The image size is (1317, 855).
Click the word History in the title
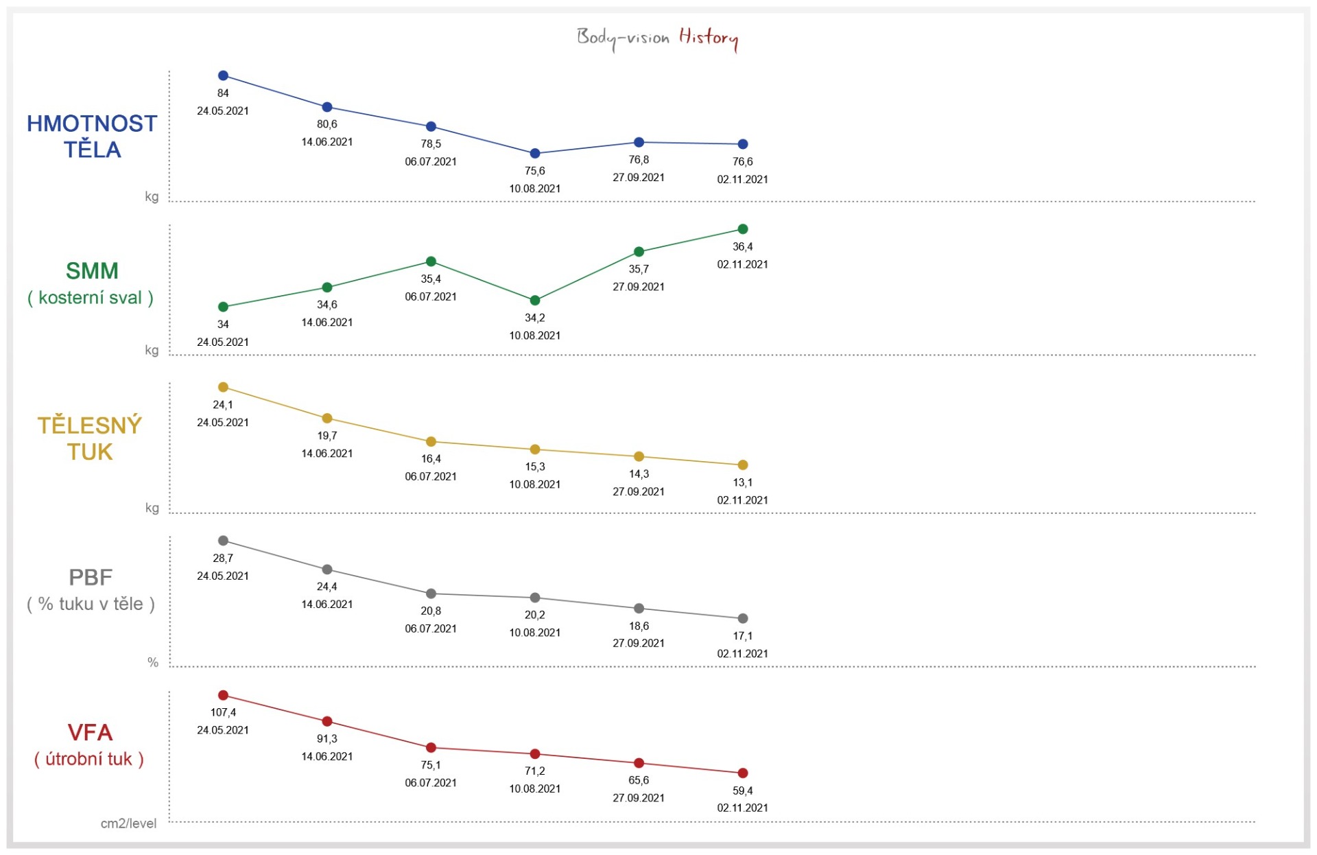[708, 37]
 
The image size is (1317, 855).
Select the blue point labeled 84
[223, 75]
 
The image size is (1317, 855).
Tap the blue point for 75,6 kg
[535, 154]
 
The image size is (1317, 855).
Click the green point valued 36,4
[743, 229]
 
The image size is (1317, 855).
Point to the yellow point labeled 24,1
[223, 387]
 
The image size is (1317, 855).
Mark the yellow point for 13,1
[743, 465]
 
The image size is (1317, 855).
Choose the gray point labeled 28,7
[223, 541]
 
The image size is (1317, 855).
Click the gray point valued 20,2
[535, 598]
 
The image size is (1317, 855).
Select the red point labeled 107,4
[223, 695]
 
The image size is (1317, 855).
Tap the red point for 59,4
[743, 773]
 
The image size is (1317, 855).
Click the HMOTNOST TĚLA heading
[92, 136]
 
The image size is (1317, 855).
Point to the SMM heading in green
[92, 271]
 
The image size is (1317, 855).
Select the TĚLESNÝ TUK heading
[90, 438]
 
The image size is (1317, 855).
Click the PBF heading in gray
[91, 578]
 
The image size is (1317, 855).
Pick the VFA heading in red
[90, 733]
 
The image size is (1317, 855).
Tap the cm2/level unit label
[128, 823]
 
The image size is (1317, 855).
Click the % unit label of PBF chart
[153, 662]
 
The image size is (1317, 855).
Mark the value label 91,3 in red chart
[327, 739]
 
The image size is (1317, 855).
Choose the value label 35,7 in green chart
[639, 269]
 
